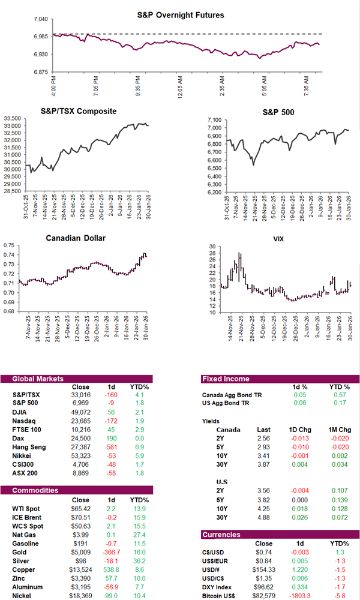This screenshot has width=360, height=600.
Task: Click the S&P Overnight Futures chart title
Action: pos(189,14)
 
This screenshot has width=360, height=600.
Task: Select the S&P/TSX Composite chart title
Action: pos(79,112)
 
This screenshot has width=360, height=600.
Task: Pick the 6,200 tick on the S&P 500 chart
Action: pos(212,193)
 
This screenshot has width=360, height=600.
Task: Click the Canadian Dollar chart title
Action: pos(76,238)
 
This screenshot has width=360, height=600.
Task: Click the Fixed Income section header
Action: pos(226,379)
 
